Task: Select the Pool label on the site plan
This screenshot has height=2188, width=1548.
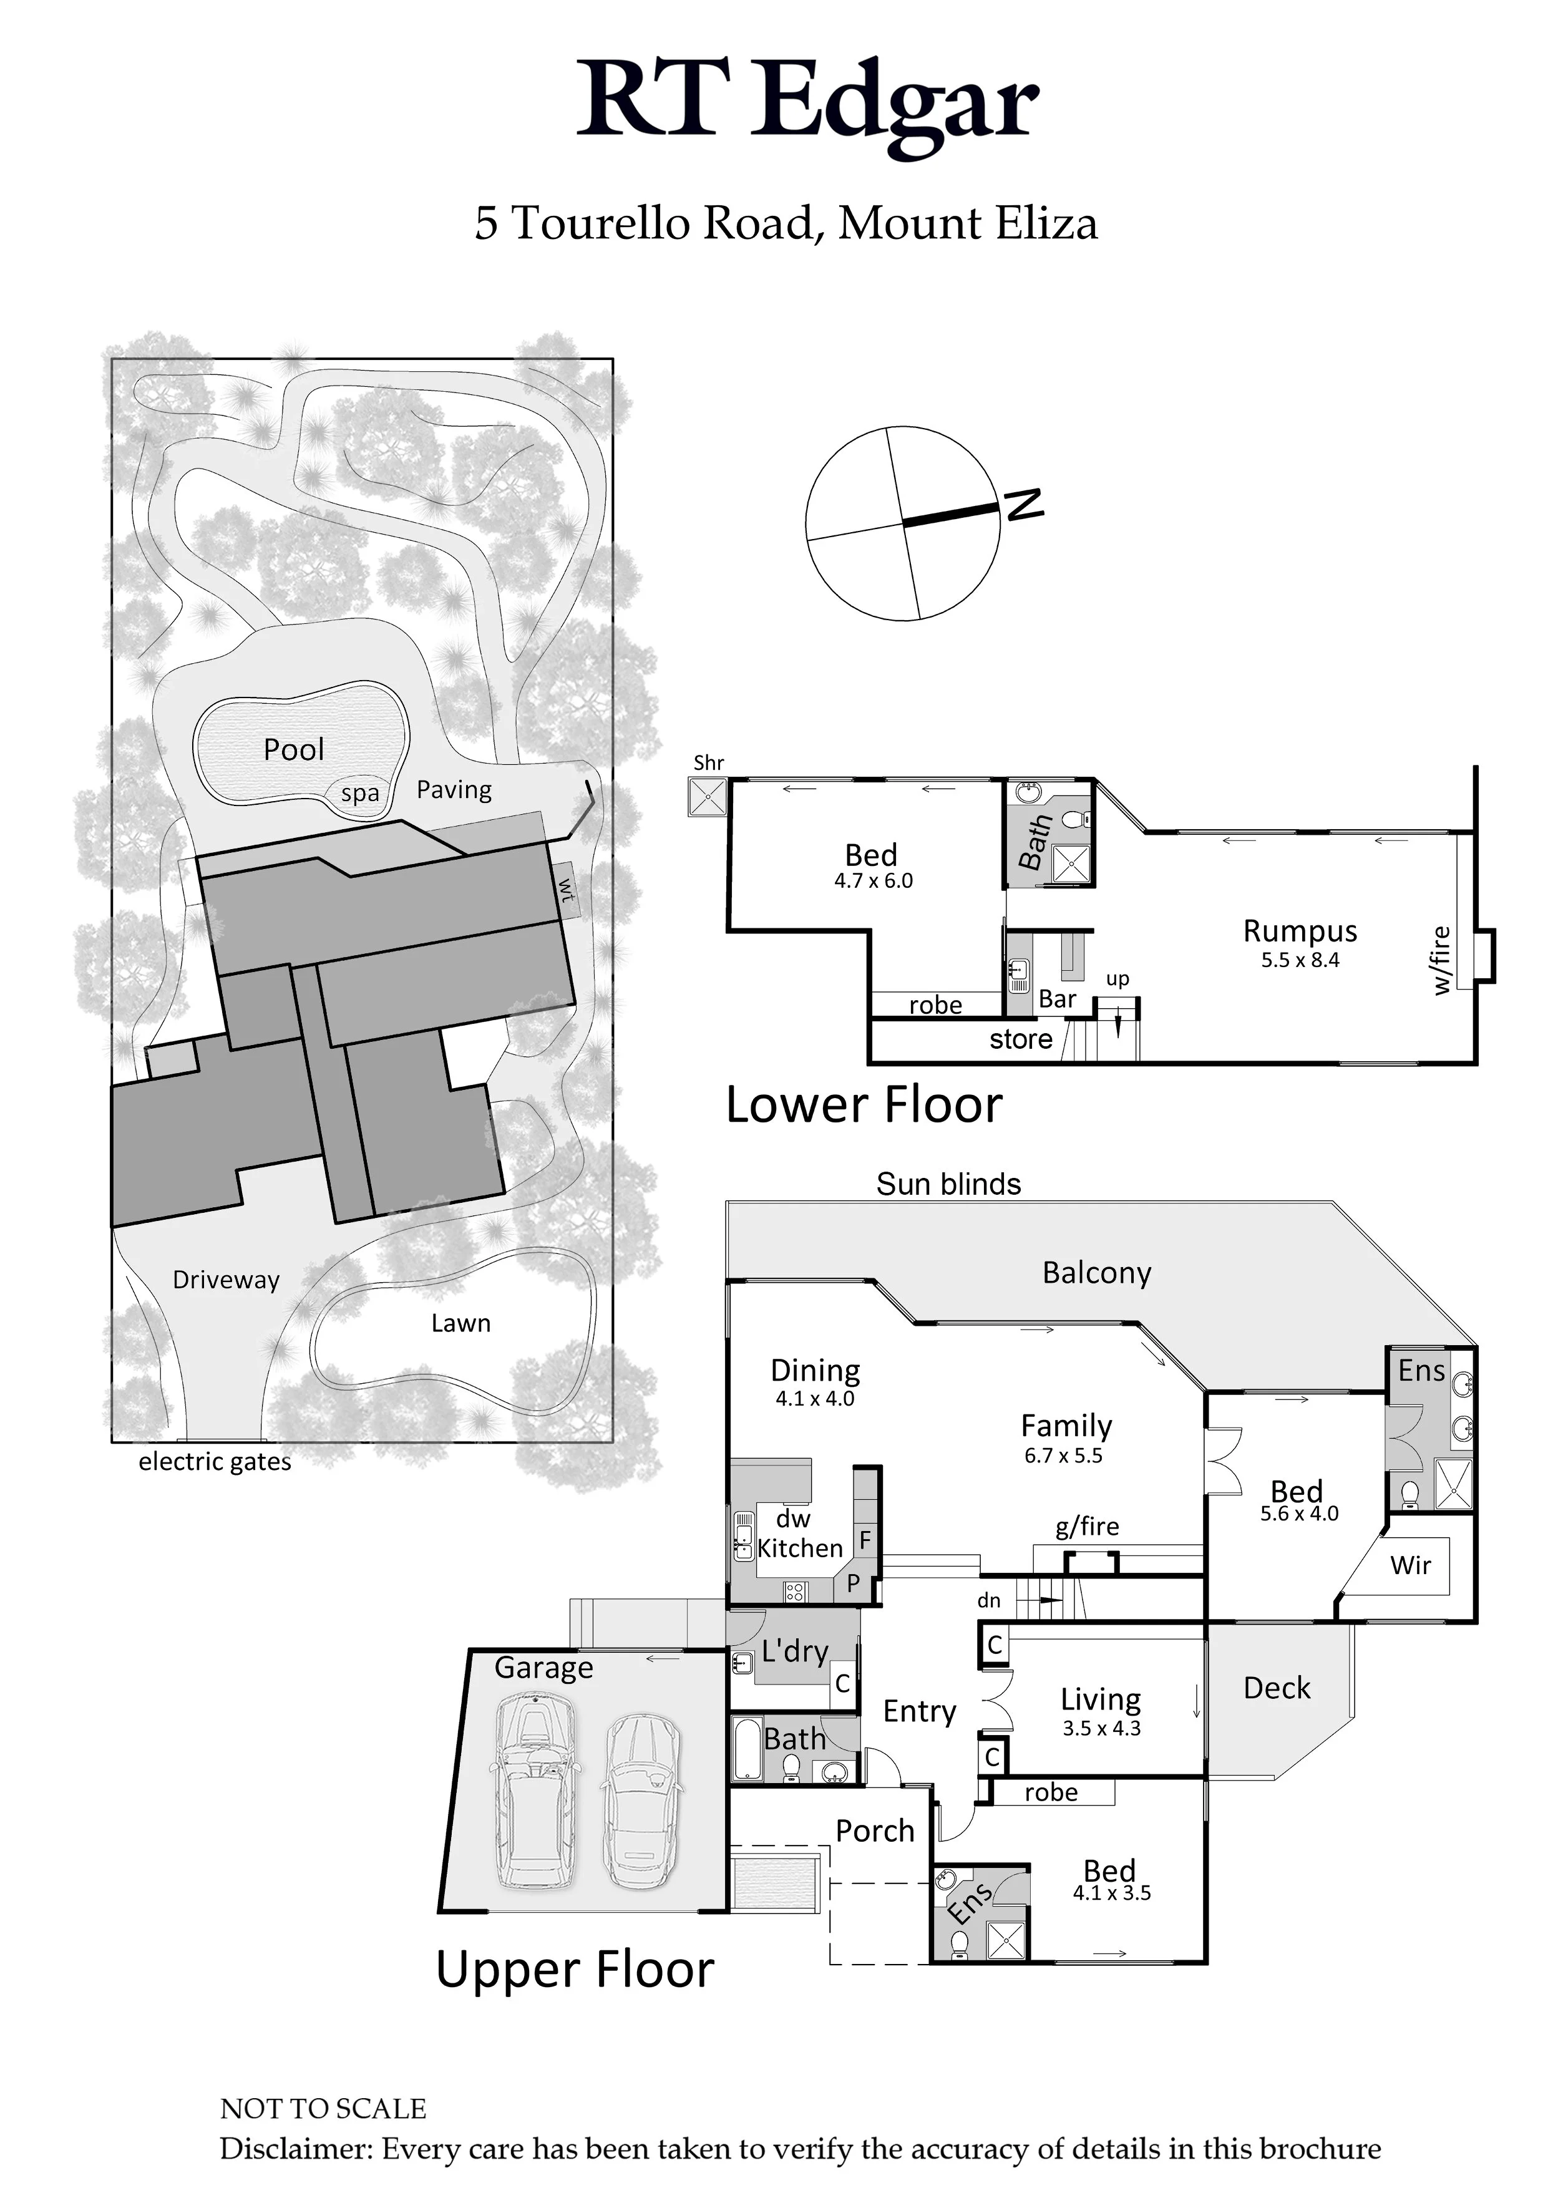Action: [294, 750]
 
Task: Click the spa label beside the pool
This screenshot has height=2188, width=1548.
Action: [360, 793]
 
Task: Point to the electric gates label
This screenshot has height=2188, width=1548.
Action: [215, 1462]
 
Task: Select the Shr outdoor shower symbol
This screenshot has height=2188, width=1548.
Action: [708, 797]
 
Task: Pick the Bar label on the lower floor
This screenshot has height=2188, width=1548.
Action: [1057, 999]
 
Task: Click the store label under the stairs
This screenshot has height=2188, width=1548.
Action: [1020, 1039]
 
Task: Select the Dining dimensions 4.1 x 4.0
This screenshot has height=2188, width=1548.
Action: [814, 1399]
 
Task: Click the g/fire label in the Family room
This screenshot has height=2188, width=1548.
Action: [1087, 1527]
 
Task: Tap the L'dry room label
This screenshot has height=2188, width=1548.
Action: [794, 1651]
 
